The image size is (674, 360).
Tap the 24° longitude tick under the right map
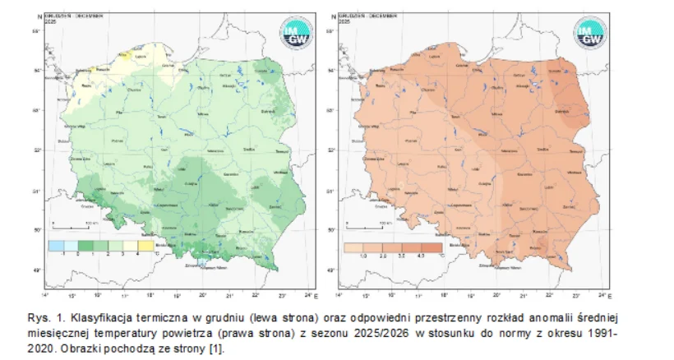tap(603, 294)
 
